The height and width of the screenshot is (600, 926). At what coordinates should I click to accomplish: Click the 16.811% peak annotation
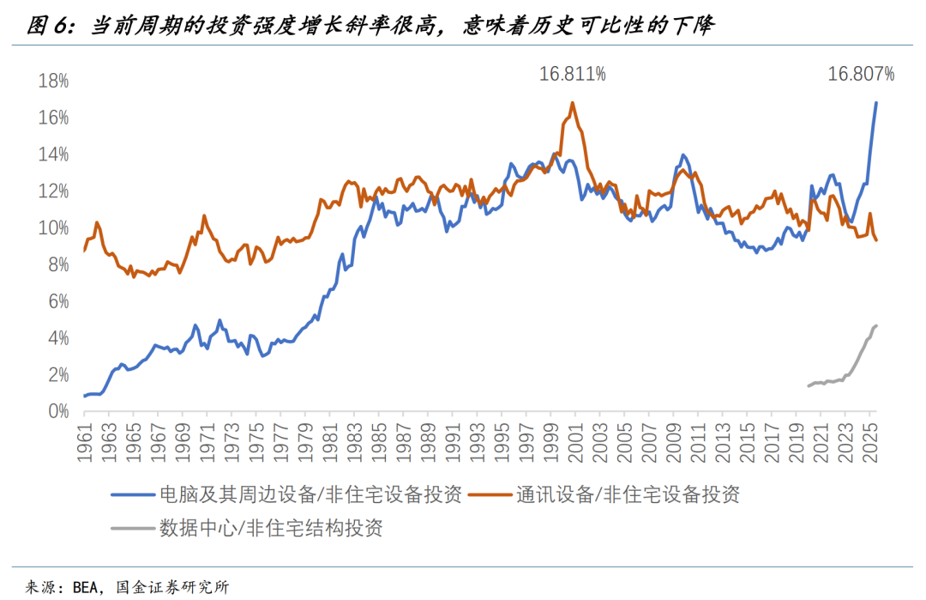(572, 75)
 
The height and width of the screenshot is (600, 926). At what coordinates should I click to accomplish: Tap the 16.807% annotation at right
(860, 75)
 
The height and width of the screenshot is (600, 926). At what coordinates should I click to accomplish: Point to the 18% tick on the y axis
(53, 81)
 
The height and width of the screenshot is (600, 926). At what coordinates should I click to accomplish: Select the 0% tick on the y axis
(57, 412)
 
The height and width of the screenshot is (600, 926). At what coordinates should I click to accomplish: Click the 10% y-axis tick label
(53, 228)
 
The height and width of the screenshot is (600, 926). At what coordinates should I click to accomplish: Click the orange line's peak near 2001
(572, 103)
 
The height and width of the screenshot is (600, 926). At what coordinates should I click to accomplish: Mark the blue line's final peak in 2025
(875, 103)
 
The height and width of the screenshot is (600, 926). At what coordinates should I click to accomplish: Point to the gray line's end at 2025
(876, 325)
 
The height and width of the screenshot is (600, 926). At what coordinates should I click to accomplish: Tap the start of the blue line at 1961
(84, 396)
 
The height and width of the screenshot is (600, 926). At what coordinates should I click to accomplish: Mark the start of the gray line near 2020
(808, 385)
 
